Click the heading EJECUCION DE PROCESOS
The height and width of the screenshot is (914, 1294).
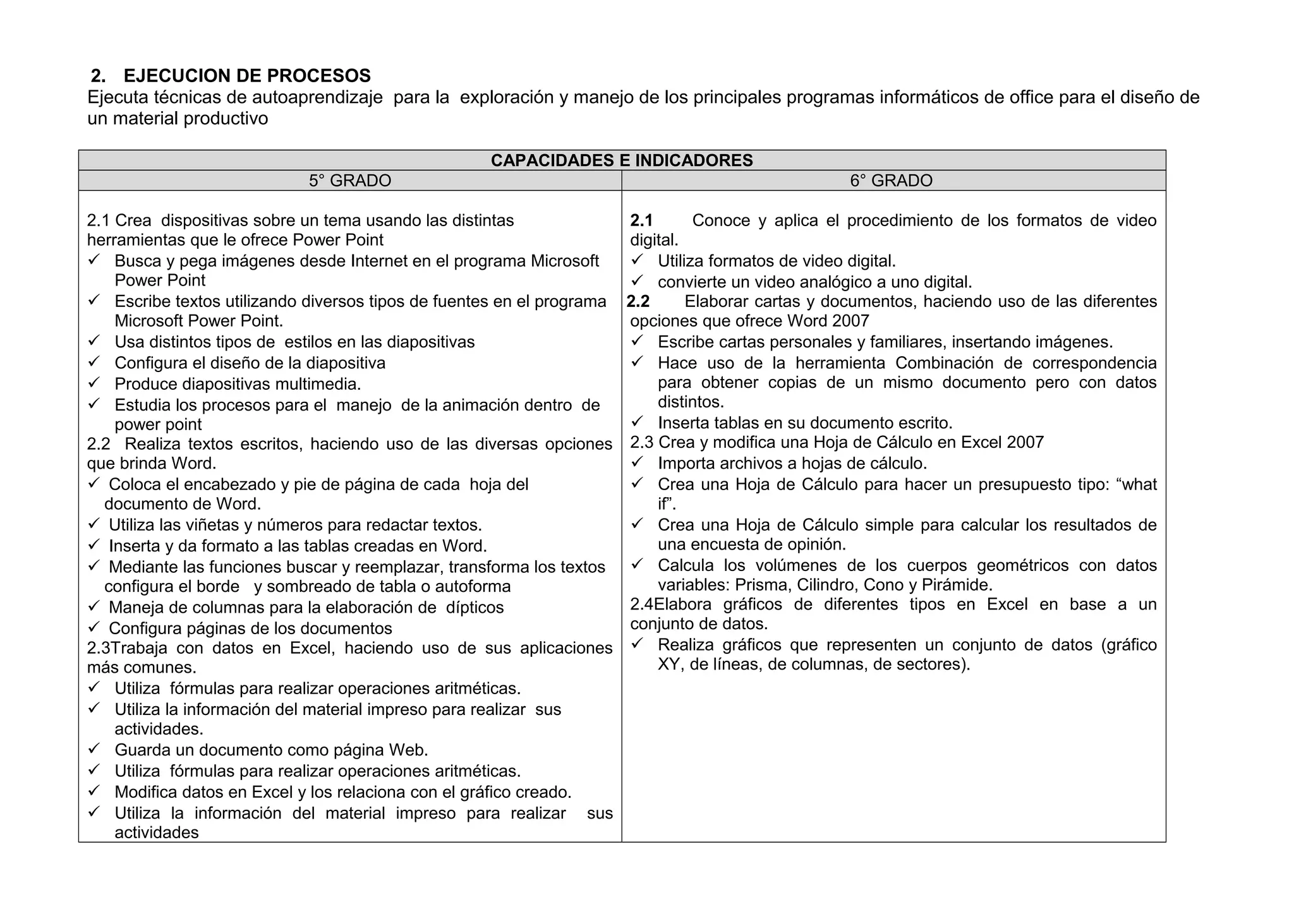(x=247, y=76)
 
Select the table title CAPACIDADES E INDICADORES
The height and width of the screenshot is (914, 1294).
(x=622, y=160)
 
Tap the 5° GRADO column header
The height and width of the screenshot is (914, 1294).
(x=349, y=181)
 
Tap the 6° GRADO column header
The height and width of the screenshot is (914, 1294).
(x=891, y=181)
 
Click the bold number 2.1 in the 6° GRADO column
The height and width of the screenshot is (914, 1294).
(x=641, y=220)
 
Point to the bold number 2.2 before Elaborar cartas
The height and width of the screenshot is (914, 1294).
(x=638, y=301)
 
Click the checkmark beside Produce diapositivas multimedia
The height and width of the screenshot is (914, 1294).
(x=94, y=383)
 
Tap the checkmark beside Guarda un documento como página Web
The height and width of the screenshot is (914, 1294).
(x=94, y=749)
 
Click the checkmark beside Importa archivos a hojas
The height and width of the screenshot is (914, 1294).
(x=637, y=462)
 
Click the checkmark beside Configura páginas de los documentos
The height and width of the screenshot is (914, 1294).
(x=94, y=627)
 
